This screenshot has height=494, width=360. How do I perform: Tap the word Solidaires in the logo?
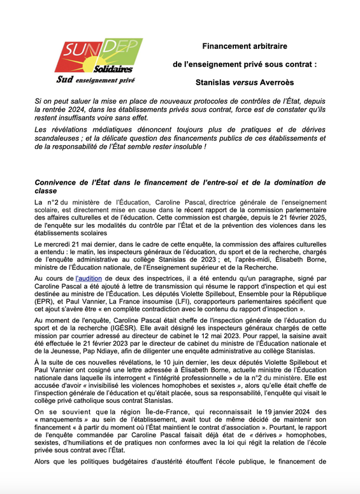[x=112, y=68]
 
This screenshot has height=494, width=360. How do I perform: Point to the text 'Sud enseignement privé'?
[x=95, y=80]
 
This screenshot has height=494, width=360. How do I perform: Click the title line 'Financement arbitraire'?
[x=245, y=46]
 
